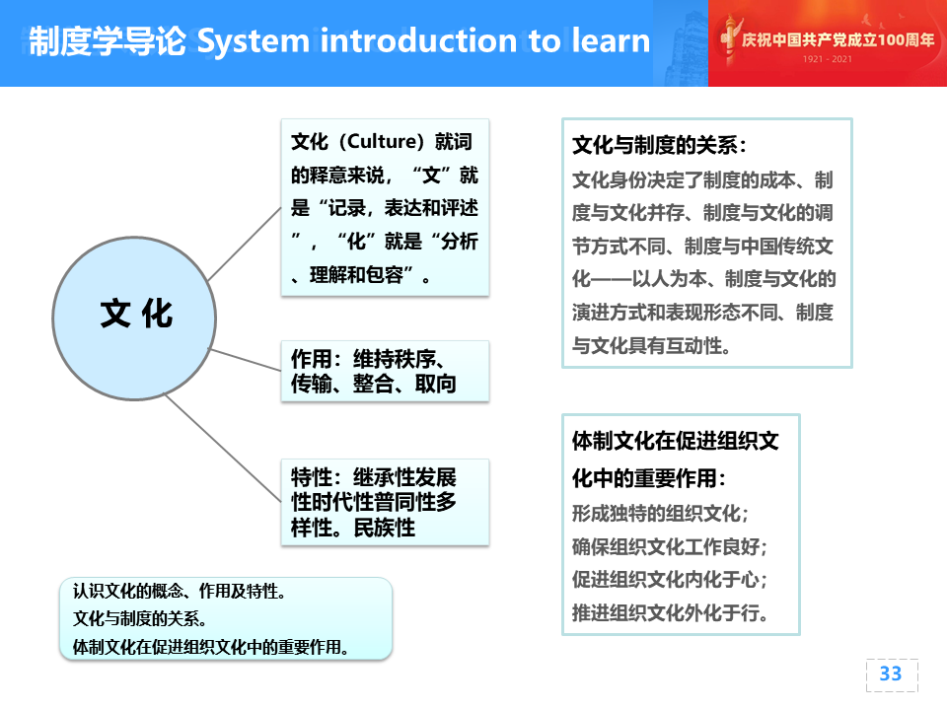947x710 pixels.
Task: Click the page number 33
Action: [890, 674]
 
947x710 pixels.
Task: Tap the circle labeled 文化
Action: [134, 319]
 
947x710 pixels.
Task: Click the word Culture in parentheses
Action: [382, 141]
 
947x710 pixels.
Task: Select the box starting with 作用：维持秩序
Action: [385, 371]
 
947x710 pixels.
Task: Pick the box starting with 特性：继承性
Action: [385, 502]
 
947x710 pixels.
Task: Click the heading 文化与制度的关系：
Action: [660, 145]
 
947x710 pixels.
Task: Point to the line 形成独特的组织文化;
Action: [660, 513]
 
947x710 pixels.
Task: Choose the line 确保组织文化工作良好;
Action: [669, 546]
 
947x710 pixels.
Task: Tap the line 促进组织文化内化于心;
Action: [669, 580]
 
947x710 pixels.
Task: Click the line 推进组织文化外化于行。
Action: [670, 612]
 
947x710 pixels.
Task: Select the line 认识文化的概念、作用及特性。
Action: [180, 591]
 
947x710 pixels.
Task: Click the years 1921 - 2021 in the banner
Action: [827, 58]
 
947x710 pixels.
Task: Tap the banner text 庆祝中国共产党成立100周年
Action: [838, 39]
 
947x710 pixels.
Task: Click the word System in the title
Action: [254, 41]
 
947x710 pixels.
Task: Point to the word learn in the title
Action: [611, 40]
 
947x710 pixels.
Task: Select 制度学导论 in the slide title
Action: [108, 41]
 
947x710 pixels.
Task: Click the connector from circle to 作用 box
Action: [245, 360]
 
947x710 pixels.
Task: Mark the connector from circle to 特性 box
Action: [223, 448]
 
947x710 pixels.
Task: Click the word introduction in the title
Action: [418, 40]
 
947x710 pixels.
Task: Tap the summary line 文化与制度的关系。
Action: [140, 618]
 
